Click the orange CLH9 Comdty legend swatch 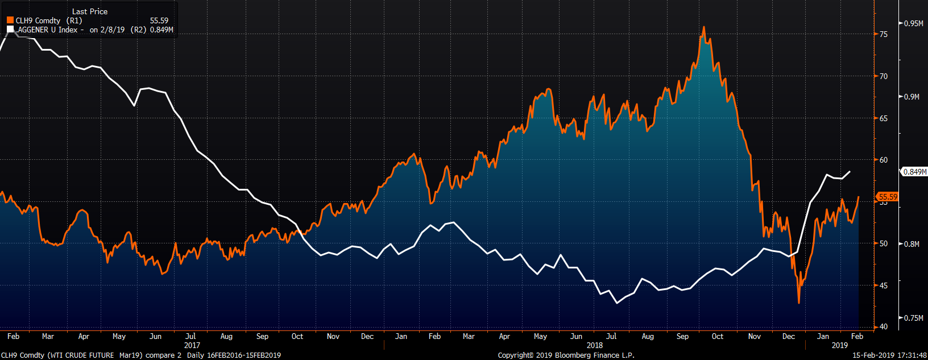[10, 20]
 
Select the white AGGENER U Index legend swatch [10, 30]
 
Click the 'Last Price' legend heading [90, 11]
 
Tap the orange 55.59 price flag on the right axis [888, 197]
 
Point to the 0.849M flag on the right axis [914, 172]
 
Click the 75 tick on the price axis [884, 34]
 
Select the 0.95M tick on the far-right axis [913, 23]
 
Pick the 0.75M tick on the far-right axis [913, 318]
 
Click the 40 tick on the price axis [884, 326]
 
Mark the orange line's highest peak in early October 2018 [704, 27]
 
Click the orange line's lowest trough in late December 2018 [799, 303]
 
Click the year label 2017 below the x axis [192, 345]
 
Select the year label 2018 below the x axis [595, 345]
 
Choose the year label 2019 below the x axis [839, 345]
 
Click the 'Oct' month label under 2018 [718, 336]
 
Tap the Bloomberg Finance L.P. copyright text [566, 355]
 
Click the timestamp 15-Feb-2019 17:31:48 [889, 355]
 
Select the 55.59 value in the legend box [159, 20]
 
